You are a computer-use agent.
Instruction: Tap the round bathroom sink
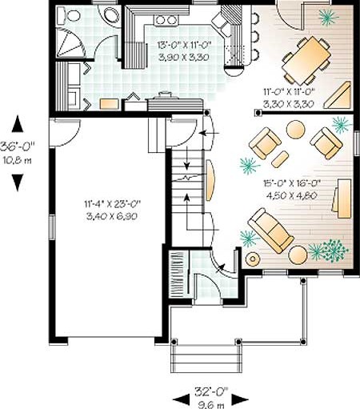pyautogui.click(x=111, y=14)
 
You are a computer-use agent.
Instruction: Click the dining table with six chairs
pyautogui.click(x=306, y=60)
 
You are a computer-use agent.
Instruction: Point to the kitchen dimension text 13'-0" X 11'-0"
pyautogui.click(x=184, y=45)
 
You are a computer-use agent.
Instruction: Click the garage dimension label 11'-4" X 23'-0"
pyautogui.click(x=112, y=204)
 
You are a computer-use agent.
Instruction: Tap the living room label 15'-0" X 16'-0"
pyautogui.click(x=291, y=183)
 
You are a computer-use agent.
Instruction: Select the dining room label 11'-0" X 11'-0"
pyautogui.click(x=290, y=92)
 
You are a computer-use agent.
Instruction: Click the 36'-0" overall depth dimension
pyautogui.click(x=18, y=146)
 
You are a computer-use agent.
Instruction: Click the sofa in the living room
pyautogui.click(x=270, y=231)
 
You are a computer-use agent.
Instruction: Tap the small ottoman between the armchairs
pyautogui.click(x=280, y=159)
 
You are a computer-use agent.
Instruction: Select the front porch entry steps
pyautogui.click(x=206, y=359)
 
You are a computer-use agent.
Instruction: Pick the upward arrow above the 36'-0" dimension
pyautogui.click(x=18, y=123)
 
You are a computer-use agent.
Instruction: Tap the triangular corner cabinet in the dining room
pyautogui.click(x=338, y=95)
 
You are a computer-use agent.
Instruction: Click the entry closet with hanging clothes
pyautogui.click(x=179, y=272)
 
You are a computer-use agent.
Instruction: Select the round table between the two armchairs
pyautogui.click(x=295, y=130)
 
